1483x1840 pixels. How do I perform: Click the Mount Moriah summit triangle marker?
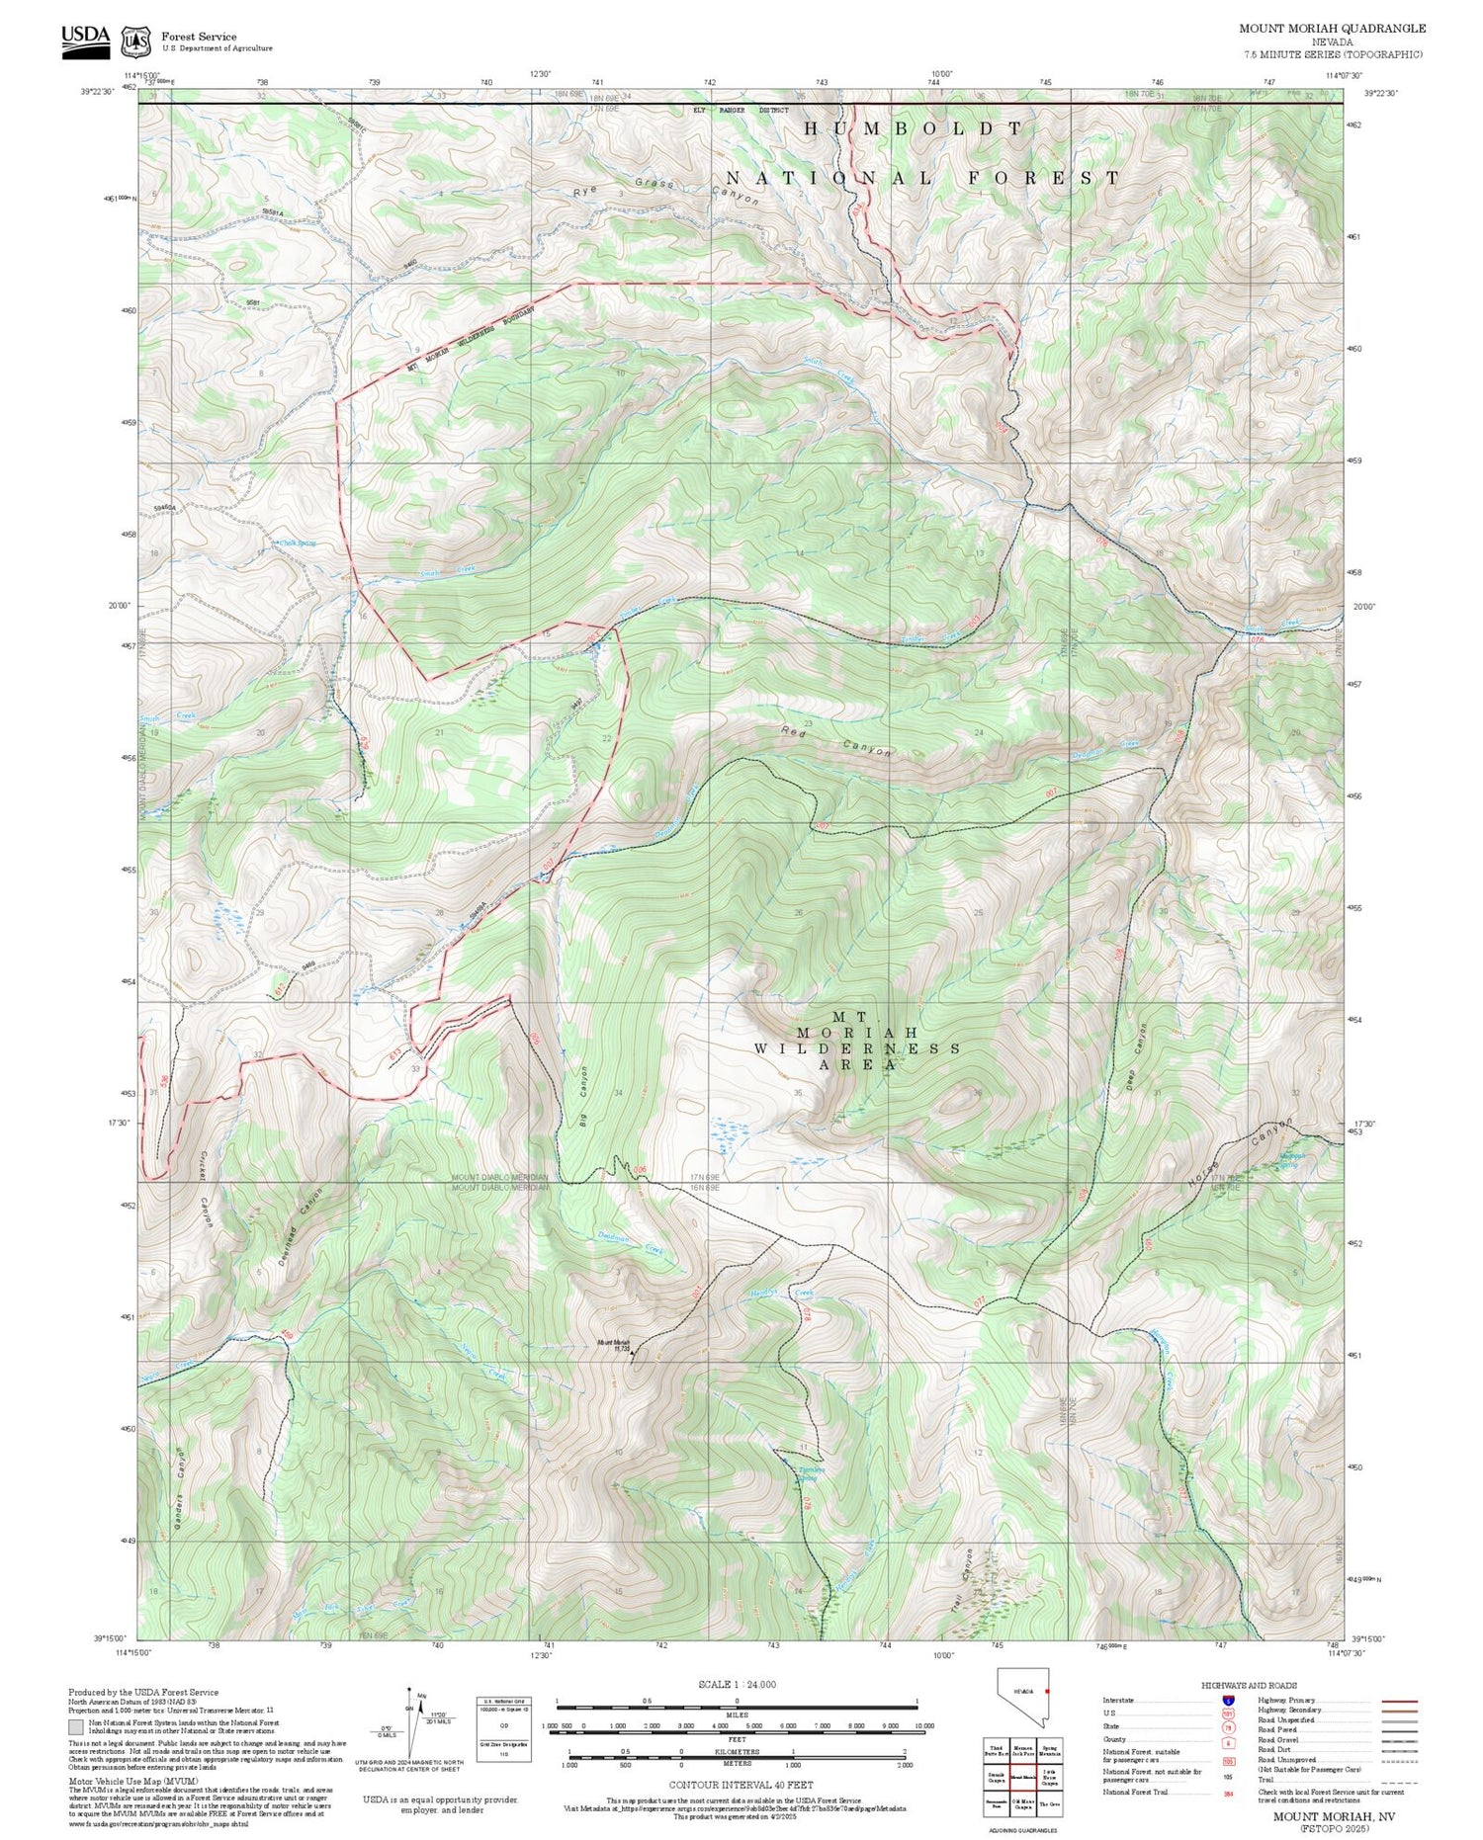(x=634, y=1353)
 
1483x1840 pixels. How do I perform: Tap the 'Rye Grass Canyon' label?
(x=666, y=188)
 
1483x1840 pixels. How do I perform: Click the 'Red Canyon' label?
(x=835, y=741)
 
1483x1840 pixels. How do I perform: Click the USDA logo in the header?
(x=86, y=40)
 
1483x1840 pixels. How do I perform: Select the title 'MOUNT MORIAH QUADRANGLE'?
(x=1332, y=29)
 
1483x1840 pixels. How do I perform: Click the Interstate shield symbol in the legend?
(x=1228, y=1700)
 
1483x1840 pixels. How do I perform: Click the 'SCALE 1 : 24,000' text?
(x=737, y=1684)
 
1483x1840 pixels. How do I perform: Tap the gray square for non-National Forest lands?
(x=76, y=1727)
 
